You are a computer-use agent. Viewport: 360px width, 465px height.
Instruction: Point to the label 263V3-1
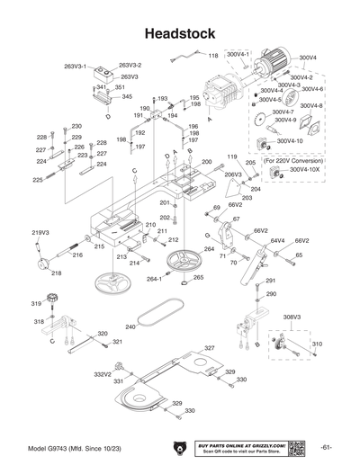pos(75,67)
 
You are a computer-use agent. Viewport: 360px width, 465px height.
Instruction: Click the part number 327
pos(209,347)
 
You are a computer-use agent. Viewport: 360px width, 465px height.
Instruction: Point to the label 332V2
pos(103,374)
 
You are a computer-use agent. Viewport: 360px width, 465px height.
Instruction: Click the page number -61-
pos(326,448)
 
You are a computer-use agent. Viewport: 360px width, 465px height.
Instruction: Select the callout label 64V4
pos(278,241)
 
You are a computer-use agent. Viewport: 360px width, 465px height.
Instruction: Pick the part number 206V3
pos(232,174)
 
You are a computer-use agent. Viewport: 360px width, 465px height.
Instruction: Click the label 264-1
pos(154,279)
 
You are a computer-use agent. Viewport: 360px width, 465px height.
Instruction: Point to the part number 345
pos(127,96)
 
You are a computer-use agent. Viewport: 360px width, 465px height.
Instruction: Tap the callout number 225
pos(38,180)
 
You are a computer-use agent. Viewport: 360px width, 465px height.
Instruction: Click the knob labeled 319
pos(51,300)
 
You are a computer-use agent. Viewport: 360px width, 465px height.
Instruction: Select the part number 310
pos(317,344)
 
